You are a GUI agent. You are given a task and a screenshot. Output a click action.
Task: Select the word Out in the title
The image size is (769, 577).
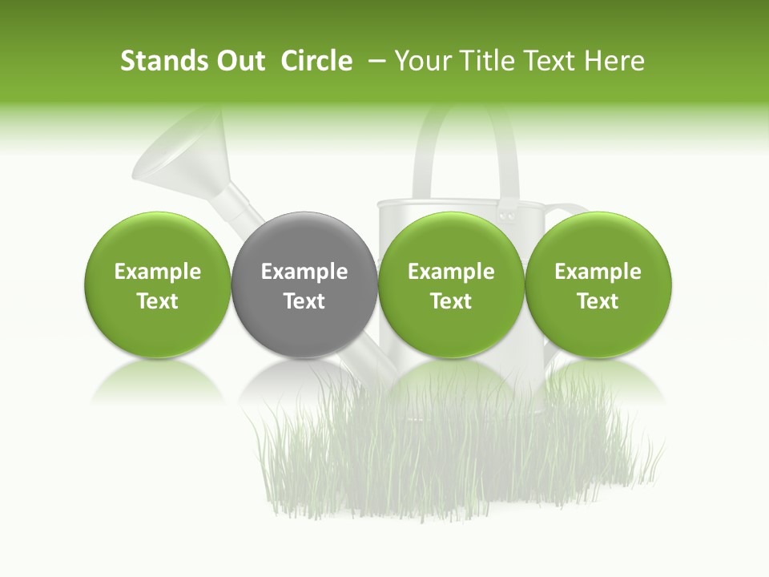pyautogui.click(x=239, y=61)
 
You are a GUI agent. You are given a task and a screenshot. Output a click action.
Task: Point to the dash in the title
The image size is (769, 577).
pyautogui.click(x=376, y=61)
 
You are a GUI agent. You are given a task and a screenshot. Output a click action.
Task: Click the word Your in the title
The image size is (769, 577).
pyautogui.click(x=421, y=61)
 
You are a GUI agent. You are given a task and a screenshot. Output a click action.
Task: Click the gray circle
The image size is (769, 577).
pyautogui.click(x=304, y=240)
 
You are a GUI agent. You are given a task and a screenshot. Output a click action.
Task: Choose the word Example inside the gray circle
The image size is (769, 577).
pyautogui.click(x=304, y=272)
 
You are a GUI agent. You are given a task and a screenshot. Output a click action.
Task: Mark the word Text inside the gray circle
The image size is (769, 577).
pyautogui.click(x=304, y=301)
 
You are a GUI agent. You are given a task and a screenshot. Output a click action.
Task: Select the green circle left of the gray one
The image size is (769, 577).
pyautogui.click(x=158, y=240)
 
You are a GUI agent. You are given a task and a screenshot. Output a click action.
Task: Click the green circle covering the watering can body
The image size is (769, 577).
pyautogui.click(x=451, y=240)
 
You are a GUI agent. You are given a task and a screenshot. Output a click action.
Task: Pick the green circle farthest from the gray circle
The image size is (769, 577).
pyautogui.click(x=598, y=240)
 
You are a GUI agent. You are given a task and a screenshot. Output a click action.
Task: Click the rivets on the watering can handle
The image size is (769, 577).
pyautogui.click(x=507, y=214)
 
